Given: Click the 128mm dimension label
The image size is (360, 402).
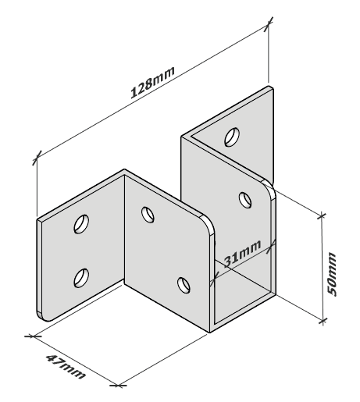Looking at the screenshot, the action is point(152,82).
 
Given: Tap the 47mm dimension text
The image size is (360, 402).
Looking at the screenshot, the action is point(66,367).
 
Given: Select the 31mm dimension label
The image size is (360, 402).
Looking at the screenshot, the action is point(242,254).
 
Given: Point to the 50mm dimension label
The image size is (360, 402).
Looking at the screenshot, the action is point(331,274).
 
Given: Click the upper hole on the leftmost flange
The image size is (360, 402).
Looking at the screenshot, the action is point(81,224).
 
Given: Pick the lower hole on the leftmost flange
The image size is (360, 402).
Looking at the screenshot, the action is point(81,278).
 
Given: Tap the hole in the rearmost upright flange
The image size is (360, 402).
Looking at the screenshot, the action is point(232,137).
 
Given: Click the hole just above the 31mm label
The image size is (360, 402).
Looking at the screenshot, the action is point(245,200).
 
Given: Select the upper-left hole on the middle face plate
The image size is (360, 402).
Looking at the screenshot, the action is point(148,215).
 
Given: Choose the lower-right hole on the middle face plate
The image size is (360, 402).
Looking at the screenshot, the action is point(184,285).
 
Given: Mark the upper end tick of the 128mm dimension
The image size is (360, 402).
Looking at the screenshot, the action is point(269,24).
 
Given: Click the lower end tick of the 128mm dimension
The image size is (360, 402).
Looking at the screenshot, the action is point(37,158).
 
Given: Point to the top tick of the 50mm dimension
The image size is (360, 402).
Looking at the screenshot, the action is point(322,215).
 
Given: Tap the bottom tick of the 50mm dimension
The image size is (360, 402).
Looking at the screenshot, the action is point(323,322).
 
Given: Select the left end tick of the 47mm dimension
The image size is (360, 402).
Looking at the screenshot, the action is point(33,336).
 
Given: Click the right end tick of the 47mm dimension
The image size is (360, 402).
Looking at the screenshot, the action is point(118,386).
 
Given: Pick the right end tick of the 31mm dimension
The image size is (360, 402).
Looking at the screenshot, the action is point(272,245).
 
